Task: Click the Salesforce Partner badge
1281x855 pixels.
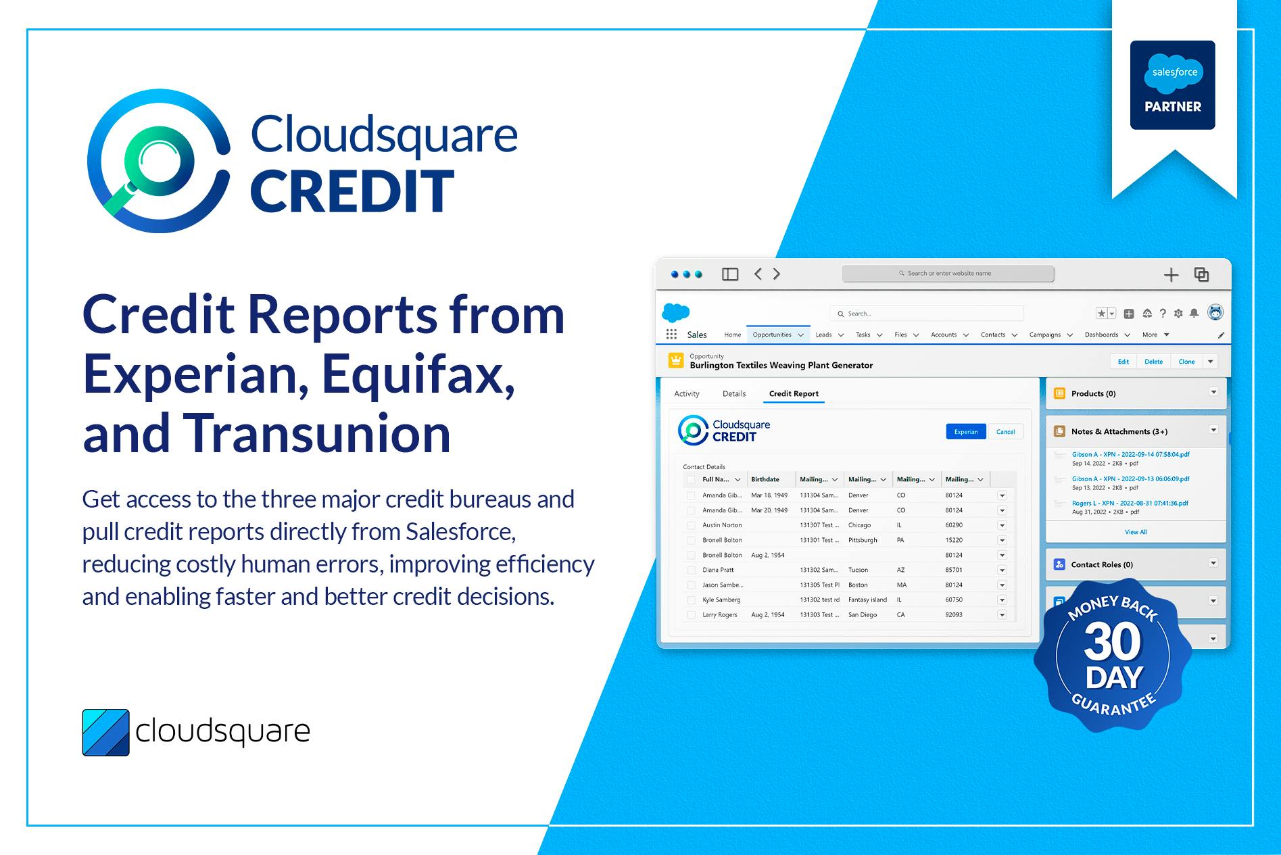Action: coord(1172,85)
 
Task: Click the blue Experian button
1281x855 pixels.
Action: coord(965,432)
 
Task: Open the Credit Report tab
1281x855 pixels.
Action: coord(794,393)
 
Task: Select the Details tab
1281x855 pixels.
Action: coord(733,393)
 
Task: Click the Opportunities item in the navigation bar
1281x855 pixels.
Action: coord(772,335)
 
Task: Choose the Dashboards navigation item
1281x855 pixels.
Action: coord(1101,335)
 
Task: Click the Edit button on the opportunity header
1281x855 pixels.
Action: coord(1123,362)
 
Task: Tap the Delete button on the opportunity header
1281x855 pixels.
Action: coord(1153,362)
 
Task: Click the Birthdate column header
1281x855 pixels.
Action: coord(765,479)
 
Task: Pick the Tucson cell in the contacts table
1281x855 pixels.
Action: coord(859,570)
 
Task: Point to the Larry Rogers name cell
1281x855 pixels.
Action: coord(720,615)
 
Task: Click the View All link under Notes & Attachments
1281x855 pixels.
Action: coord(1136,532)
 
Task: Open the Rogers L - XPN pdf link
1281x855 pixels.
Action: coord(1130,503)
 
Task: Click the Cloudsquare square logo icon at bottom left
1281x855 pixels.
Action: coord(106,732)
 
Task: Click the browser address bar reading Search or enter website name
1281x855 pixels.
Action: coord(948,274)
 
